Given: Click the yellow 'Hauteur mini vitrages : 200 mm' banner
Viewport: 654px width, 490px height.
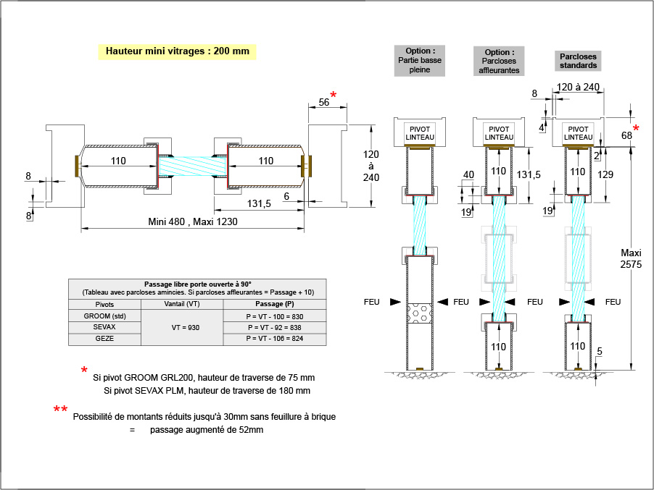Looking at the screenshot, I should [178, 52].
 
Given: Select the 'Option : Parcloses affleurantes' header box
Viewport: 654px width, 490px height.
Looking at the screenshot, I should [499, 62].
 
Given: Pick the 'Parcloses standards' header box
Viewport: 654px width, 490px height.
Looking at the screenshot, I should [579, 60].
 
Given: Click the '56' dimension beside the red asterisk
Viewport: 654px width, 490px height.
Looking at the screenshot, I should [323, 103].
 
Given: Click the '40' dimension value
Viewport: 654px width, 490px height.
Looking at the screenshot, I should [468, 174].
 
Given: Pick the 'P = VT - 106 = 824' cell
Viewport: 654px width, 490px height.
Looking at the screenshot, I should [275, 339].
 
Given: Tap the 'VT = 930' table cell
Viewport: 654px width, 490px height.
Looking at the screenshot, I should [182, 327].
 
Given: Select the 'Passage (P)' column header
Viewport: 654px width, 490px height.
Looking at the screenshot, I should [275, 305].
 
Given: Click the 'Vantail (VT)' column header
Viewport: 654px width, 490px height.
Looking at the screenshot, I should [182, 305].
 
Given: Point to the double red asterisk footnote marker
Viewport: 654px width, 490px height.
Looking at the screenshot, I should [61, 410].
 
